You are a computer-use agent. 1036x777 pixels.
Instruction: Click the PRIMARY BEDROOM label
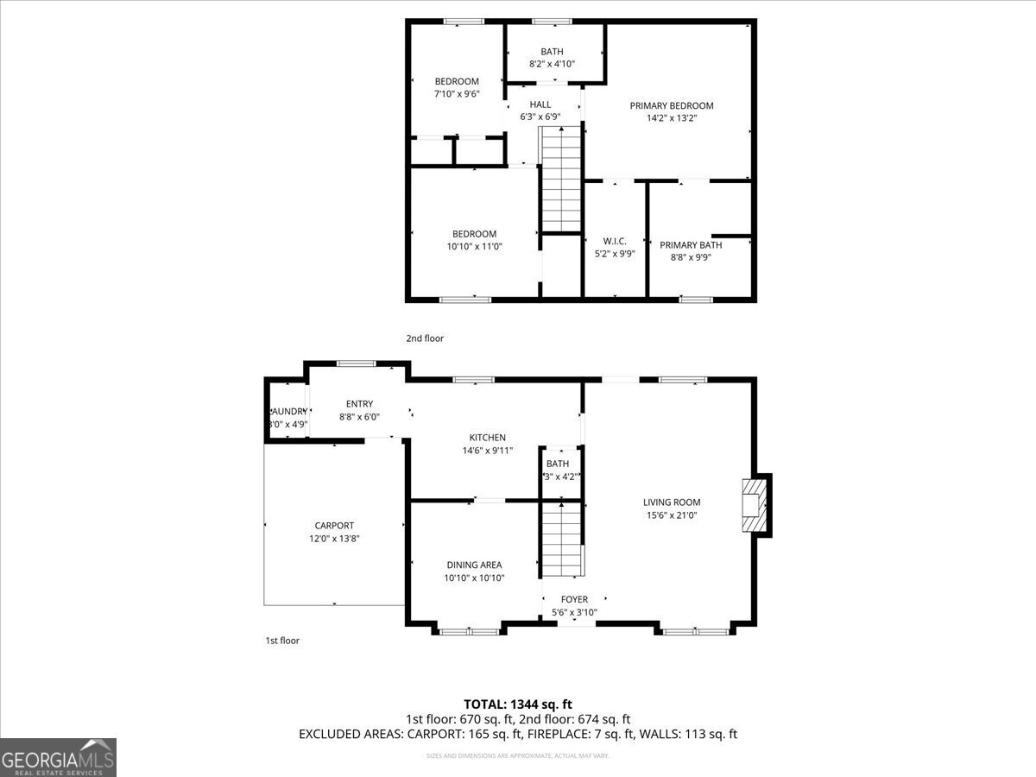[671, 106]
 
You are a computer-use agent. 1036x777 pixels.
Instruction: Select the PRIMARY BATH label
[691, 245]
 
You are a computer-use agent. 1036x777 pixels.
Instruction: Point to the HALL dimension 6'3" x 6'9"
[540, 117]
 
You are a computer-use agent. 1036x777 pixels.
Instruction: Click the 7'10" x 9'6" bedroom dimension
[456, 94]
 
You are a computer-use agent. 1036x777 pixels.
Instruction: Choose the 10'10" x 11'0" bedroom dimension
[474, 246]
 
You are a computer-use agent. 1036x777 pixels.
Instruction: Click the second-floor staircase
[561, 179]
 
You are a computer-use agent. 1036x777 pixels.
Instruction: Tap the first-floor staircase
[562, 540]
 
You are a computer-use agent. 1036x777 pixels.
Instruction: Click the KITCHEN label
[487, 438]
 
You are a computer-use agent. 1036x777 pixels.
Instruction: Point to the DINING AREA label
[474, 565]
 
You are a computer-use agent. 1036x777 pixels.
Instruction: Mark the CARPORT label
[333, 526]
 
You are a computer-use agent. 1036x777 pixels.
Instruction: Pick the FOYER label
[574, 600]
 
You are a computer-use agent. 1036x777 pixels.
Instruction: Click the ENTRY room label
[359, 404]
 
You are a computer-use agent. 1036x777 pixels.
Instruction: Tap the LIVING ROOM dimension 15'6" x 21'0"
[671, 515]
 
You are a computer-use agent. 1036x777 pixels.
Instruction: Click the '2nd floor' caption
[425, 338]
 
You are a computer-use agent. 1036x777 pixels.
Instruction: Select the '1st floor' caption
[281, 641]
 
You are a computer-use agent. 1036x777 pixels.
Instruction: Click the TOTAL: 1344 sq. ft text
[518, 704]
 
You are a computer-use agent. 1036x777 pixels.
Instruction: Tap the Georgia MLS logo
[58, 757]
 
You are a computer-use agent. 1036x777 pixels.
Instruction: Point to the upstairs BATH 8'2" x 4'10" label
[552, 52]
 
